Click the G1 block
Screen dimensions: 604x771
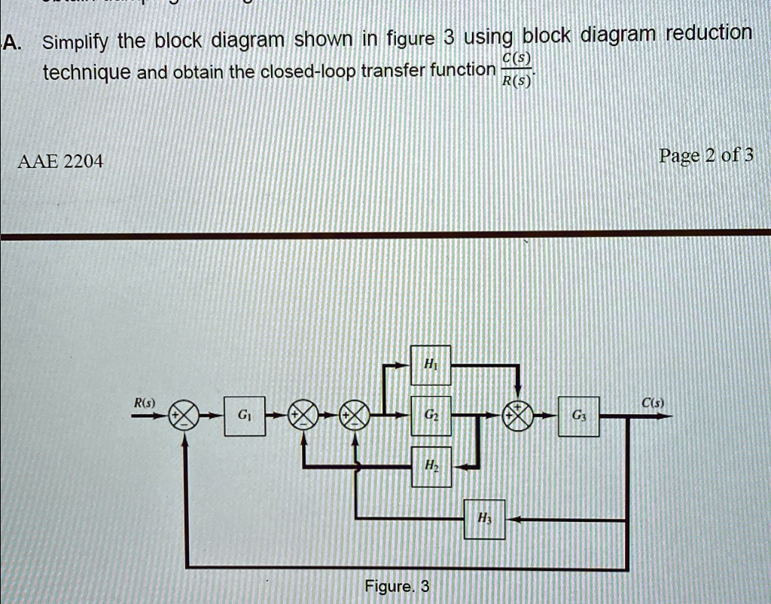(x=245, y=415)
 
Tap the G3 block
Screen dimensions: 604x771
(x=578, y=415)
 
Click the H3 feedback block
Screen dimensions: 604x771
(x=483, y=519)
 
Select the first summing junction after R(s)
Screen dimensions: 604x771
(x=185, y=415)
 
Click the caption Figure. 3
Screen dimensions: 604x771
(x=397, y=586)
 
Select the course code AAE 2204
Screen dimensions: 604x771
(x=62, y=160)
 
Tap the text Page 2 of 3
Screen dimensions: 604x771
(x=705, y=156)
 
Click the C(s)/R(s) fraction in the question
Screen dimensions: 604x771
(x=517, y=72)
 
